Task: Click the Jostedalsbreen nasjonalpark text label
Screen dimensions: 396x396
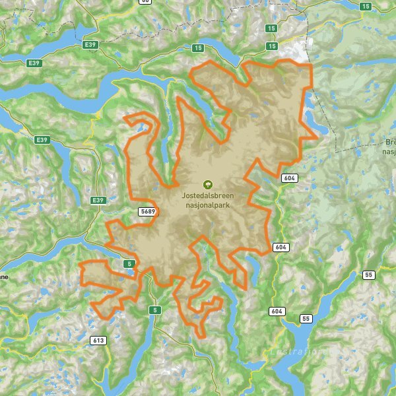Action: [x=208, y=200]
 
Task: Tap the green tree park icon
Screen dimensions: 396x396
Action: [x=208, y=185]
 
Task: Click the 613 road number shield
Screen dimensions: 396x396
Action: [x=98, y=341]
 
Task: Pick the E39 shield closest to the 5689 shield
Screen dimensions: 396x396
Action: [x=98, y=200]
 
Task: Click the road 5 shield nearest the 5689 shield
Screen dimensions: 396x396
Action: [x=130, y=265]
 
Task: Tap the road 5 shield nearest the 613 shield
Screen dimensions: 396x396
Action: [x=154, y=310]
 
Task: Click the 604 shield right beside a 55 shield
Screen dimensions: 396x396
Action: [x=276, y=311]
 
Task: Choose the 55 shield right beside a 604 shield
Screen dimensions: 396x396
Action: [x=304, y=319]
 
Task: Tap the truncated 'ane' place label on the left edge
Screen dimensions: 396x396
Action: [x=4, y=278]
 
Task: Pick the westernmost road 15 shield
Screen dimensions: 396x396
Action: [x=197, y=48]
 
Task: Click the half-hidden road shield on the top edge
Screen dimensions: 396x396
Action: [x=145, y=2]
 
